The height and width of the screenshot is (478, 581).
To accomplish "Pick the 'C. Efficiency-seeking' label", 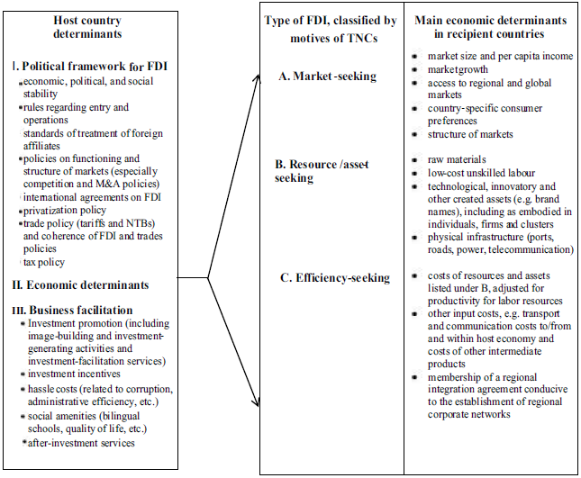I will coord(332,277).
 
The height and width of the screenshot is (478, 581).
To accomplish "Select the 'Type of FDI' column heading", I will coord(331,28).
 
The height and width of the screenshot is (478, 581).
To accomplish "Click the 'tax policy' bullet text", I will coord(46,262).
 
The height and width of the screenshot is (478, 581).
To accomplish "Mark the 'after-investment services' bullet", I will coord(81,442).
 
